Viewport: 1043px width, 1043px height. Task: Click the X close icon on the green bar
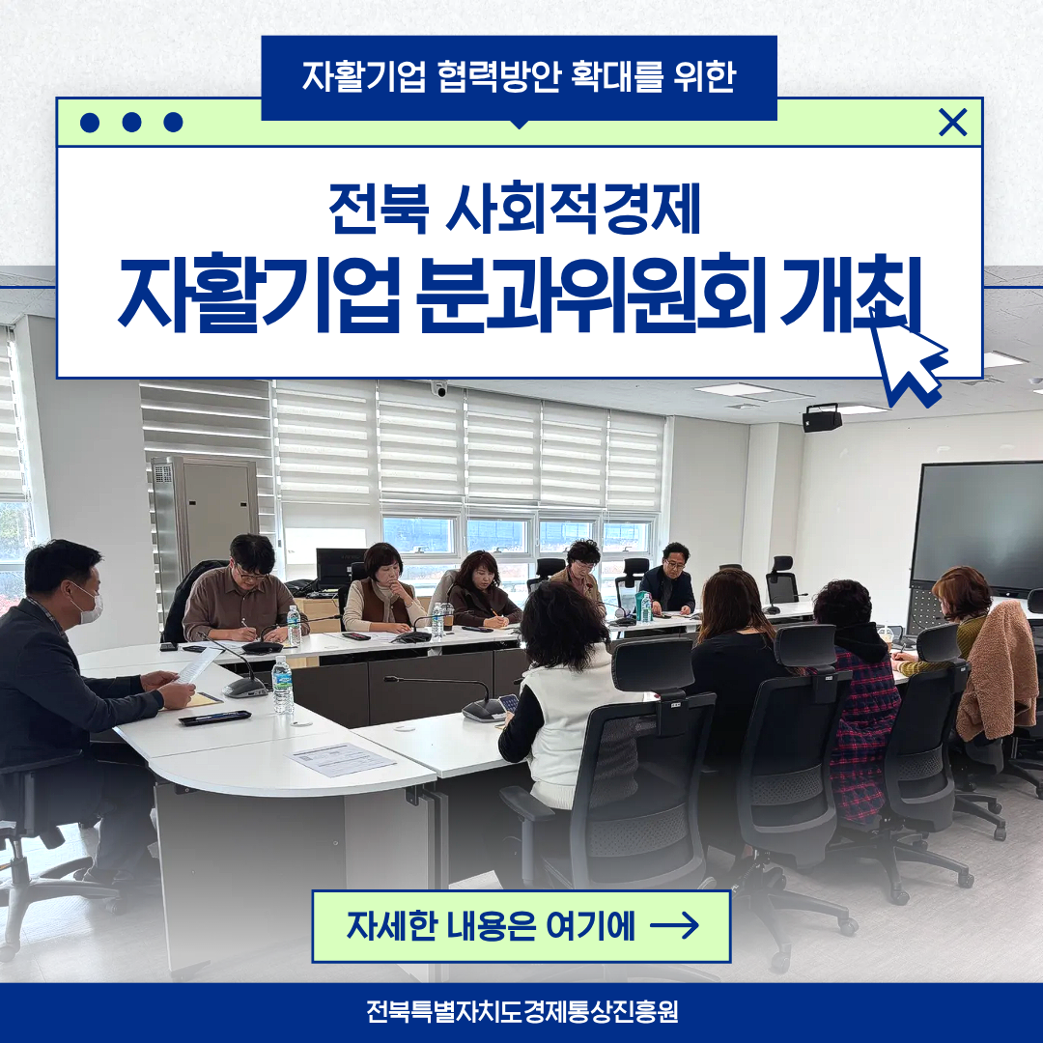point(952,123)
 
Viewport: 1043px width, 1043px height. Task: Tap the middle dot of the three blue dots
point(131,123)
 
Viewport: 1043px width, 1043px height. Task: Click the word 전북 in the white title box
point(378,209)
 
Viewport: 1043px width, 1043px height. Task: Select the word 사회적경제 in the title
point(573,209)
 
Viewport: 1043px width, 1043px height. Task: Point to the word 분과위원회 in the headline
point(591,294)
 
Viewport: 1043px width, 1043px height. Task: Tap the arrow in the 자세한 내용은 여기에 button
point(674,925)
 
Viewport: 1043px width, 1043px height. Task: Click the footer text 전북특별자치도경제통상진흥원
point(521,1012)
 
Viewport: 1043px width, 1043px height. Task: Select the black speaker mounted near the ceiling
point(822,418)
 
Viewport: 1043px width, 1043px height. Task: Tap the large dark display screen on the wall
point(976,525)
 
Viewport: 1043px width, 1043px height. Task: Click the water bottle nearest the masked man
point(283,684)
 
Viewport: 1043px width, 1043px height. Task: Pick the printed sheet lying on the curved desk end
point(341,759)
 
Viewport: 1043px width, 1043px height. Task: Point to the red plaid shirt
point(864,732)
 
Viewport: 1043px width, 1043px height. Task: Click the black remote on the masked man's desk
point(214,718)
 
